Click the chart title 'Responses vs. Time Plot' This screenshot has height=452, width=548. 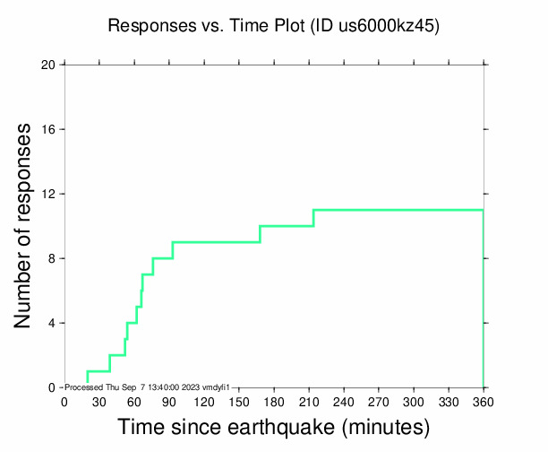[206, 26]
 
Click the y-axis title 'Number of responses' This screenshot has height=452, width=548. [26, 225]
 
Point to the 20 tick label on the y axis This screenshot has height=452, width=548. [48, 65]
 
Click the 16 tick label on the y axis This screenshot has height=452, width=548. [48, 129]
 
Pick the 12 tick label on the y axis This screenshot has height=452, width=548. [48, 194]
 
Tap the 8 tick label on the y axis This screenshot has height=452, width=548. [52, 258]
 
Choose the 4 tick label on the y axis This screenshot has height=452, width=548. [52, 323]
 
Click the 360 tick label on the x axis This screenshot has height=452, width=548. [484, 403]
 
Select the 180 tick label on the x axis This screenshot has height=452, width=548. [274, 403]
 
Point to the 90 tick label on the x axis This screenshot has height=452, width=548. [169, 403]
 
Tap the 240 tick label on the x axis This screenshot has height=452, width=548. [344, 403]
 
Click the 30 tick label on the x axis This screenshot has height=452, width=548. [99, 403]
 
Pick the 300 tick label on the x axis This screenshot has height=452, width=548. [414, 403]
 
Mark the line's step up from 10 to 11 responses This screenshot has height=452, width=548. [313, 218]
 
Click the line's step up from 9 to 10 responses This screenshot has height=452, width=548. [260, 234]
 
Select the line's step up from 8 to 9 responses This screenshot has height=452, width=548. [173, 250]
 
